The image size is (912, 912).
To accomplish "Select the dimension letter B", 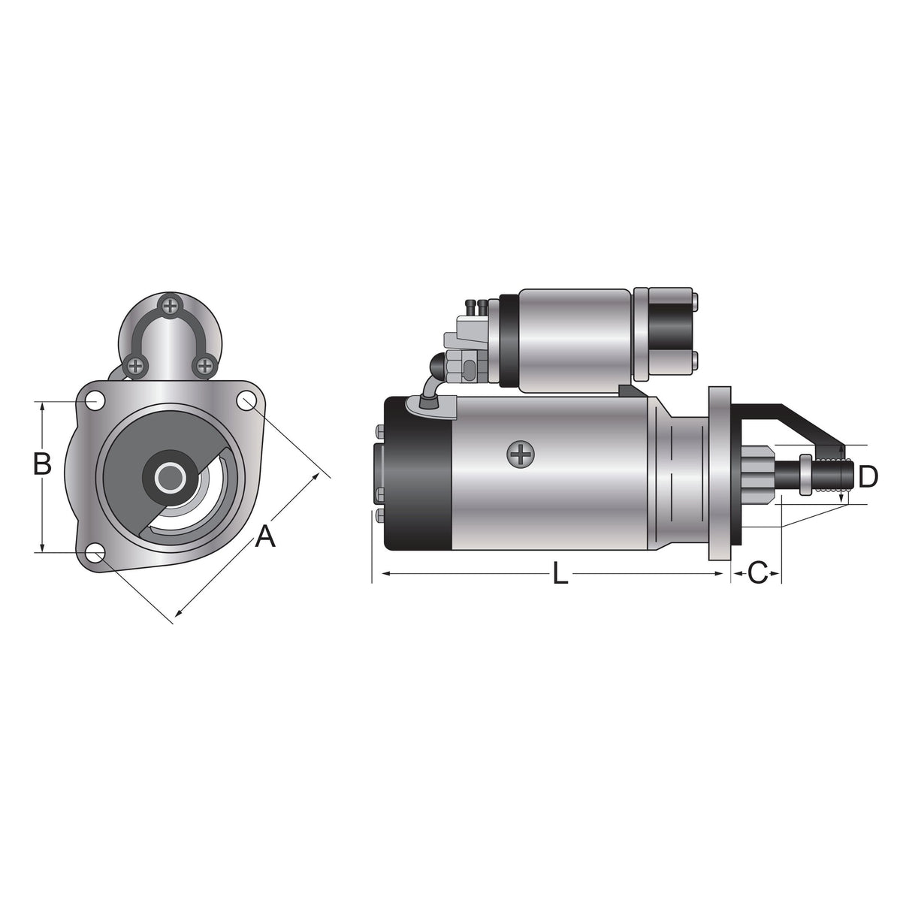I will point(42,464).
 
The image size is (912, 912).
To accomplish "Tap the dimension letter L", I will point(560,575).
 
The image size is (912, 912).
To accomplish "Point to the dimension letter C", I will point(756,573).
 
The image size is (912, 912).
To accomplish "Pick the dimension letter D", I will point(868,476).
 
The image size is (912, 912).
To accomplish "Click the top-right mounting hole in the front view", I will point(246,401).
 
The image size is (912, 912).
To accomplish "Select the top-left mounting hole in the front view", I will point(95,401).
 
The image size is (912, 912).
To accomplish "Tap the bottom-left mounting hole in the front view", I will point(95,554).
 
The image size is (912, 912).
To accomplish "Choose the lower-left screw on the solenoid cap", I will point(136,366).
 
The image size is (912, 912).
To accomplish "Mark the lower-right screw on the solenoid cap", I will point(204,366).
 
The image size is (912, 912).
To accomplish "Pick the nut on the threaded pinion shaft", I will point(806,475).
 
